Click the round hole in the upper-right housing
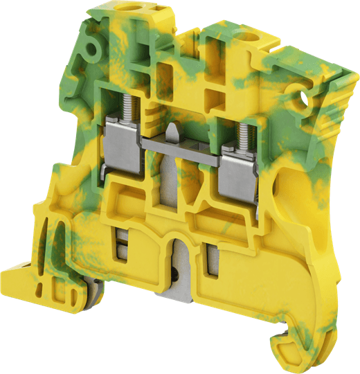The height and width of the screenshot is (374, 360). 303,102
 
